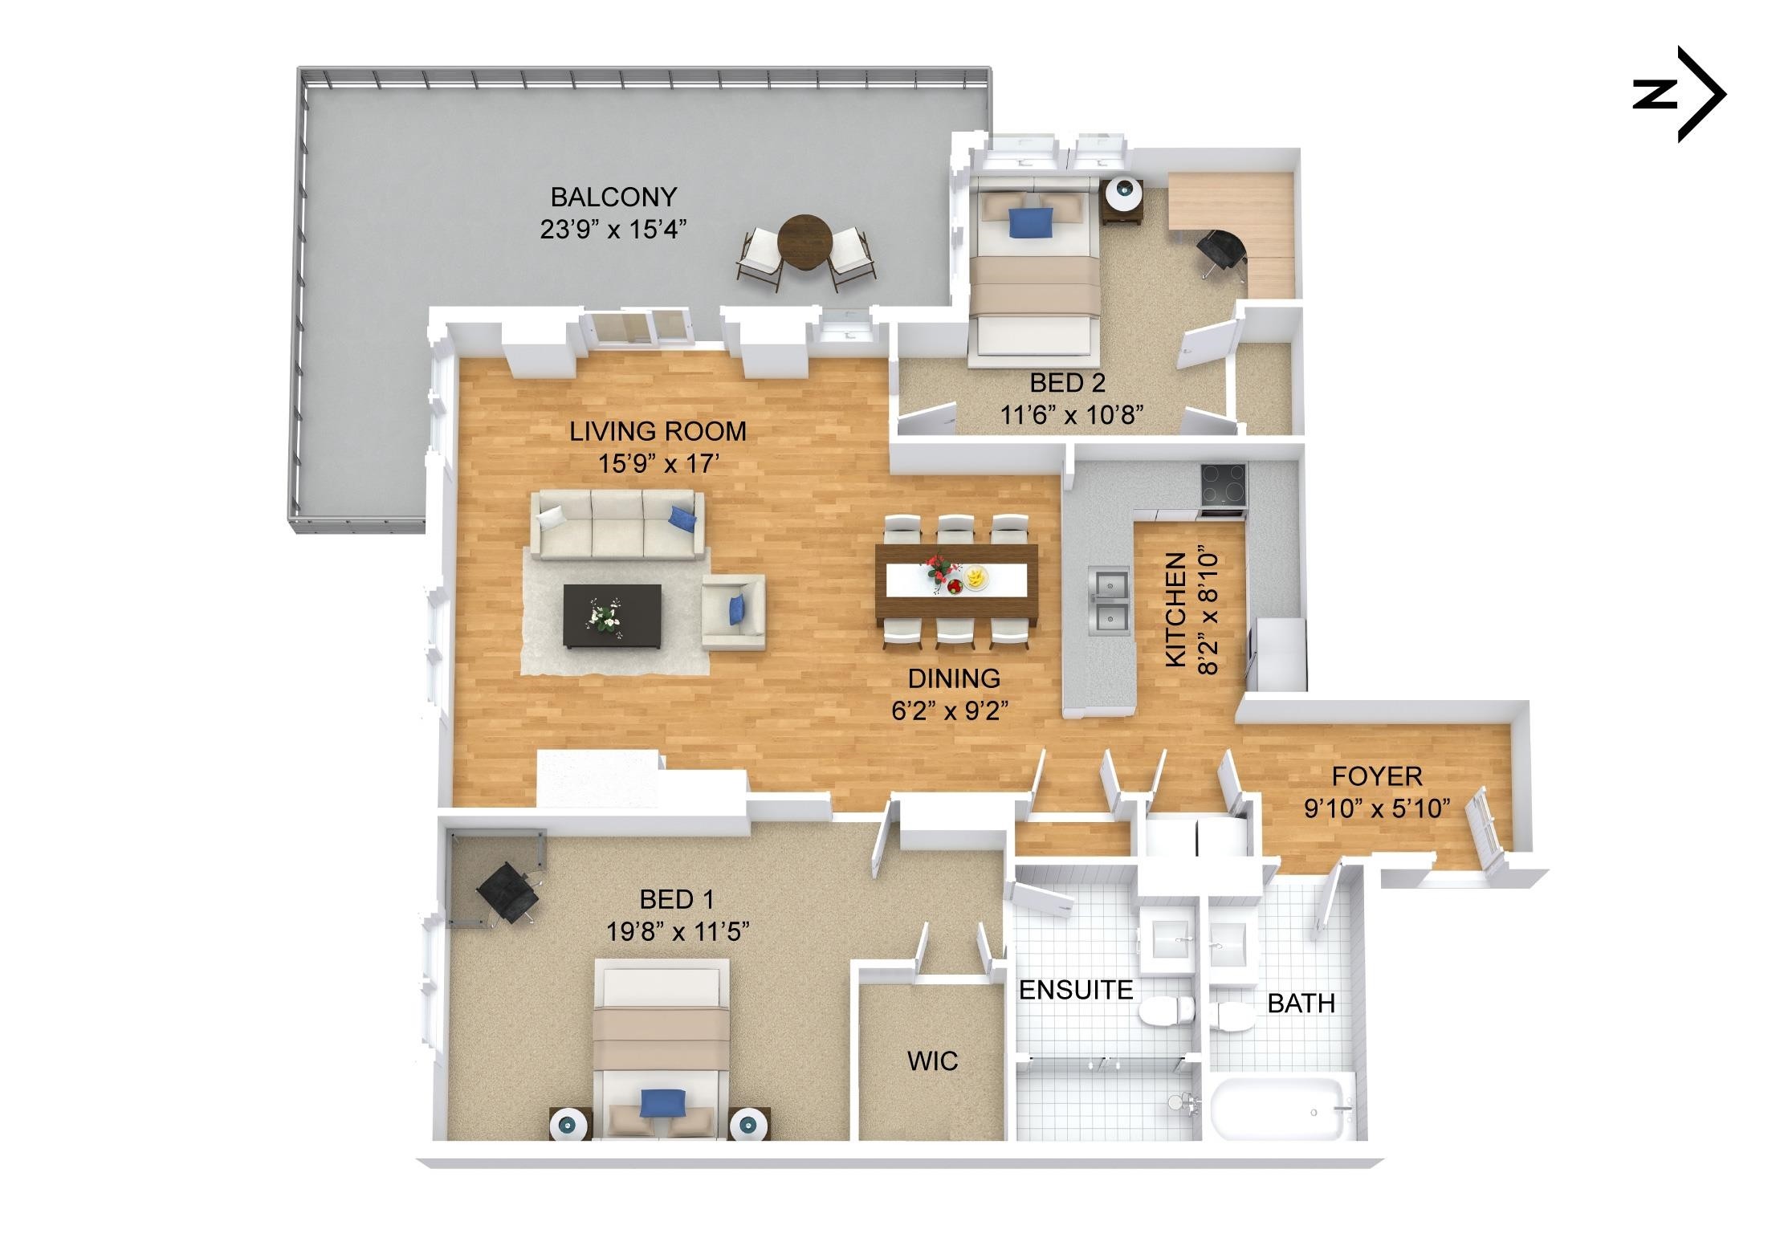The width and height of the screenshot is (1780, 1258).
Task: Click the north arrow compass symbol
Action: [1680, 95]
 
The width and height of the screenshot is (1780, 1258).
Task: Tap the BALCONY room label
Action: [613, 197]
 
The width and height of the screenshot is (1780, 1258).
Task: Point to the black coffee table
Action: [613, 616]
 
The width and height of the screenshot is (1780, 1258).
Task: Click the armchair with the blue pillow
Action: [733, 612]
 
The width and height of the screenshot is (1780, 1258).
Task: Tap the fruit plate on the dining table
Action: [976, 577]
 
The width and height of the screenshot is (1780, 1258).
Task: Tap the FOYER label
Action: [1377, 776]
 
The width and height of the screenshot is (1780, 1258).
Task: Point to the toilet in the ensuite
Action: [1167, 1011]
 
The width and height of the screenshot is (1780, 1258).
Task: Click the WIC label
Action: [932, 1061]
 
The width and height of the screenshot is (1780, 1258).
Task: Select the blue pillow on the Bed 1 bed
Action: [663, 1103]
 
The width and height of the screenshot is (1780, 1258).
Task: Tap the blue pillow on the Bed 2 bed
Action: [1030, 222]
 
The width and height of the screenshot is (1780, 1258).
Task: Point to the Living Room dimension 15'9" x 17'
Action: [658, 465]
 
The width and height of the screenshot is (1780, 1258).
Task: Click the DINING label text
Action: [954, 679]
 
